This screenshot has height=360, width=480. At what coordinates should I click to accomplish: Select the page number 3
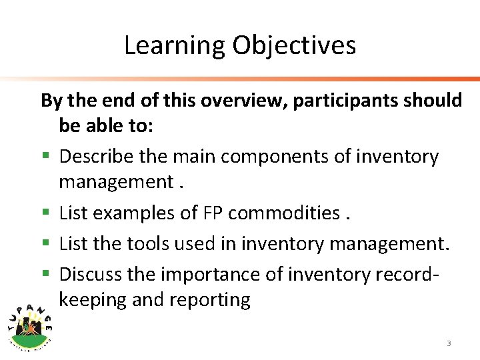click(449, 343)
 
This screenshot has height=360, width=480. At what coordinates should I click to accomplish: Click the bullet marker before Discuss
click(45, 273)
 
